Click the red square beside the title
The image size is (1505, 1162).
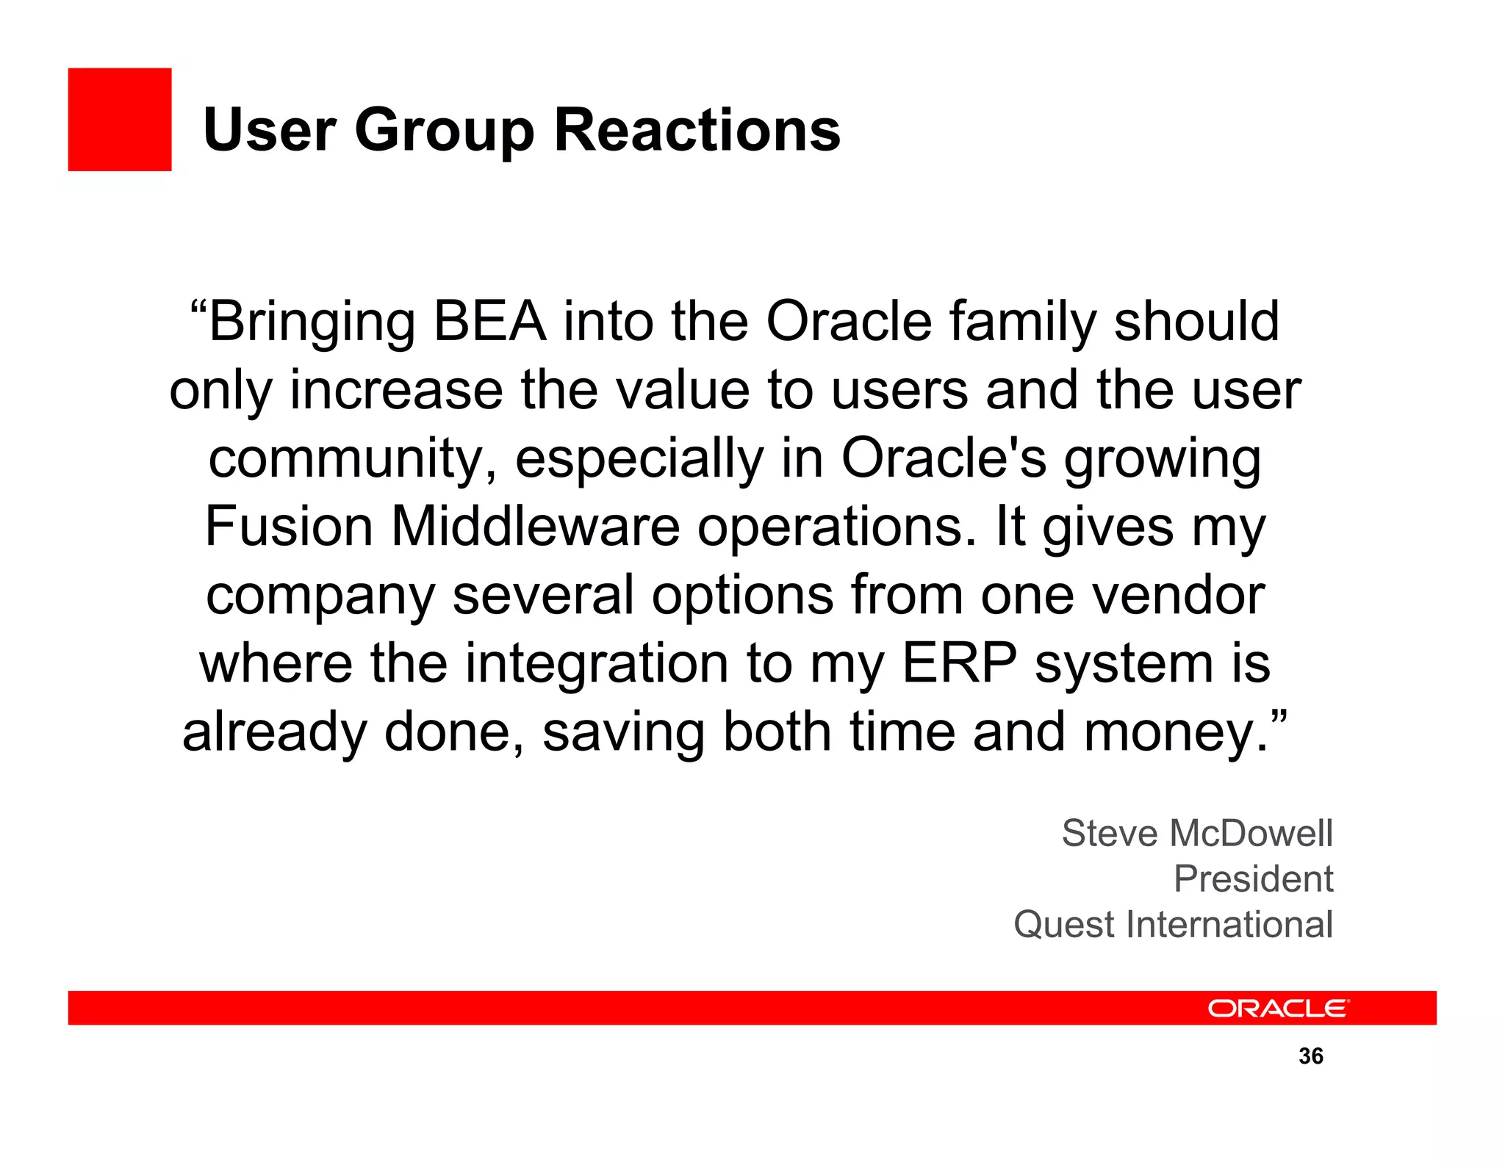coord(120,120)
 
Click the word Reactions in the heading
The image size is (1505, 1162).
coord(697,130)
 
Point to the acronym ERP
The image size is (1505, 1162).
coord(959,663)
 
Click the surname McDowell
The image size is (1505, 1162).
coord(1250,834)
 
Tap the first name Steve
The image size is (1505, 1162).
coord(1110,834)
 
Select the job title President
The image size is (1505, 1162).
coord(1253,878)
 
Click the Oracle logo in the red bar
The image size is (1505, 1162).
coord(1278,1008)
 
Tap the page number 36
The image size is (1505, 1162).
coord(1311,1056)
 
